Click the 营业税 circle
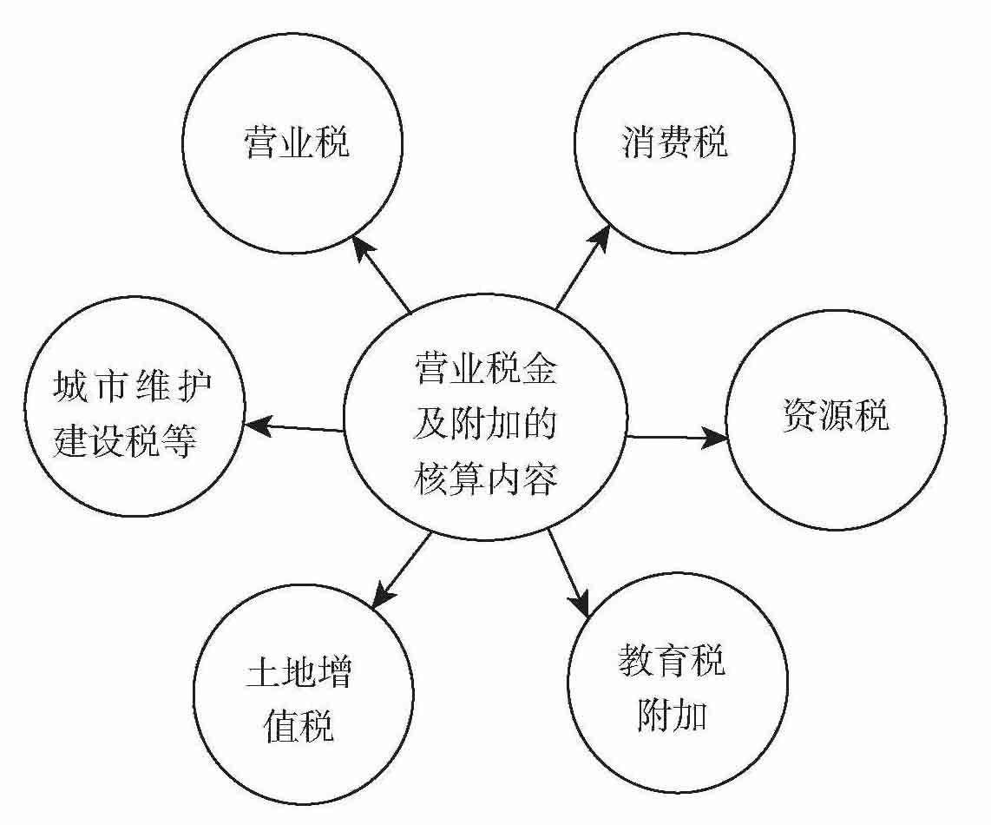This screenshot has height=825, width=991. click(293, 142)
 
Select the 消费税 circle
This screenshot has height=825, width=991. click(684, 142)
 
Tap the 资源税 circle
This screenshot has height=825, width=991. click(836, 419)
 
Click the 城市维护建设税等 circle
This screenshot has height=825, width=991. click(135, 406)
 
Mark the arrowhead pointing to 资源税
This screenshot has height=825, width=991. click(714, 437)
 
